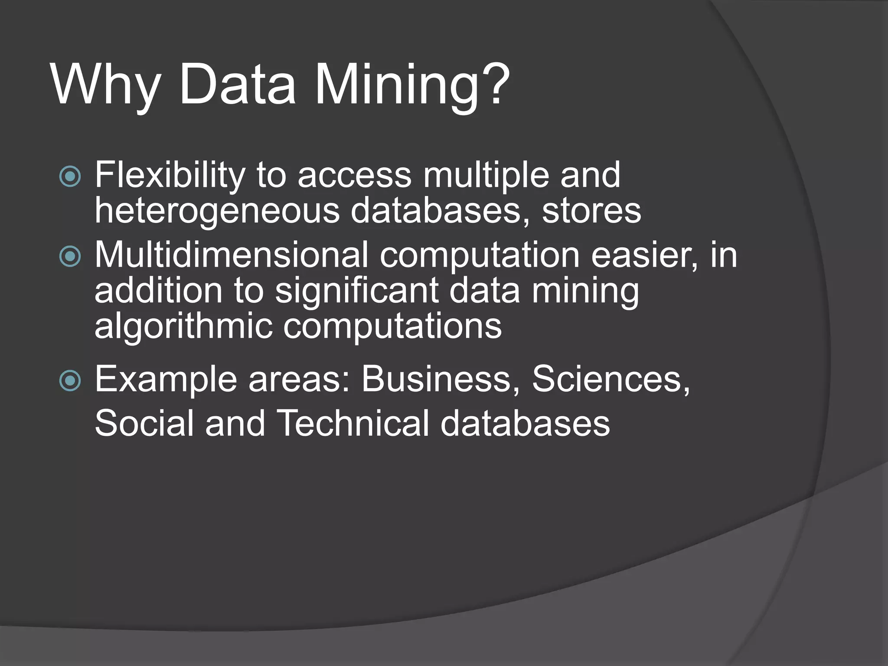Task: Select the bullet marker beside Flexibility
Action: click(70, 176)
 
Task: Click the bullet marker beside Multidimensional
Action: click(70, 256)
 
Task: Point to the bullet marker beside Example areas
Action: click(70, 381)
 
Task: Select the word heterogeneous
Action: click(217, 212)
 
